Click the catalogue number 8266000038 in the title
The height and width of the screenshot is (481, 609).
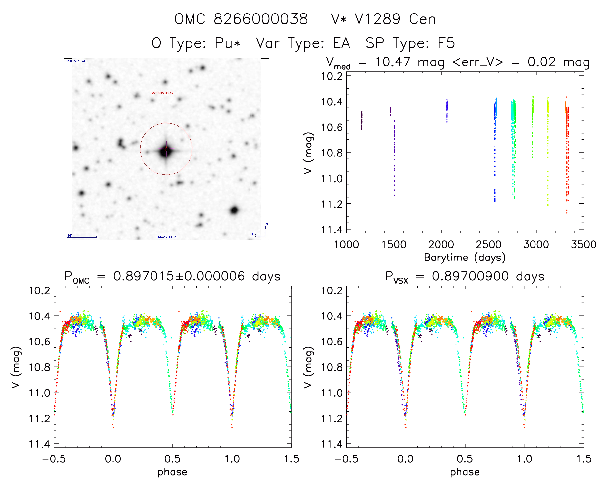pos(260,19)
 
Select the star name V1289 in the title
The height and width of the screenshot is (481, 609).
pos(378,19)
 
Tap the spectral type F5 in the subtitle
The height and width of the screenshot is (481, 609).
pos(446,43)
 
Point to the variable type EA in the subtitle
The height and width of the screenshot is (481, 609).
pos(341,43)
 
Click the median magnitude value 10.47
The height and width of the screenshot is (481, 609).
pos(393,62)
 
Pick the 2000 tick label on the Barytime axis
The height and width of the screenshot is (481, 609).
pos(441,245)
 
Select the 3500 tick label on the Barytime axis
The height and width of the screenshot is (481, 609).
pos(584,245)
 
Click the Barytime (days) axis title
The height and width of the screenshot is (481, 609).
pos(465,258)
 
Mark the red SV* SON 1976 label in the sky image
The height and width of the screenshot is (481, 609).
pos(162,93)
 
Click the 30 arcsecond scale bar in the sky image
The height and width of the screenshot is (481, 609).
pos(82,237)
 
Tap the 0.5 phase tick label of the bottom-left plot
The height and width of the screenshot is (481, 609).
pos(172,459)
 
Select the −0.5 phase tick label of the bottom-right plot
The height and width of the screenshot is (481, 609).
pos(346,459)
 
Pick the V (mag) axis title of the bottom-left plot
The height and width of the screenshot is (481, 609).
pos(16,367)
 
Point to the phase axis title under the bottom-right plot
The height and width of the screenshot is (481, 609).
pos(465,472)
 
